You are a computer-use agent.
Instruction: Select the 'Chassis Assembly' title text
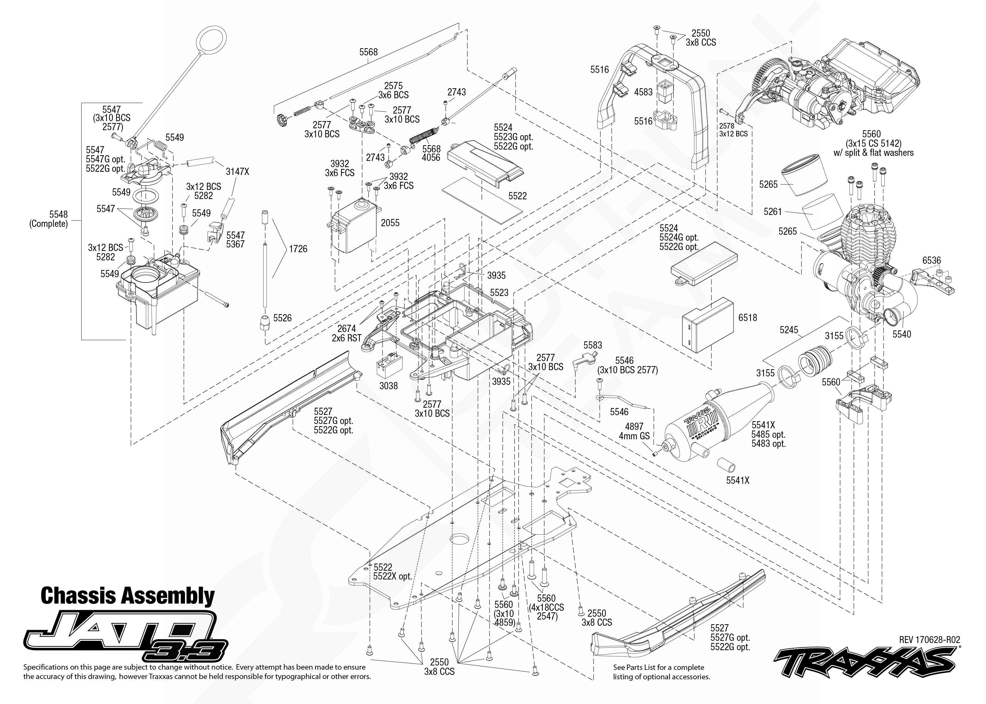pyautogui.click(x=127, y=596)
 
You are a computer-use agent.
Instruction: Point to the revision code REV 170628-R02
pyautogui.click(x=930, y=640)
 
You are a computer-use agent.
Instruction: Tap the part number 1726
pyautogui.click(x=298, y=249)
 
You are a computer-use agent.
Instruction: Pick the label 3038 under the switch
pyautogui.click(x=388, y=386)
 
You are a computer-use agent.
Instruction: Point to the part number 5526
pyautogui.click(x=282, y=318)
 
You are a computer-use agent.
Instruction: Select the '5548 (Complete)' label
pyautogui.click(x=49, y=219)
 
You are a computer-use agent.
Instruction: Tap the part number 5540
pyautogui.click(x=901, y=334)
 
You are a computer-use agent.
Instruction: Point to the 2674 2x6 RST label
pyautogui.click(x=347, y=333)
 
